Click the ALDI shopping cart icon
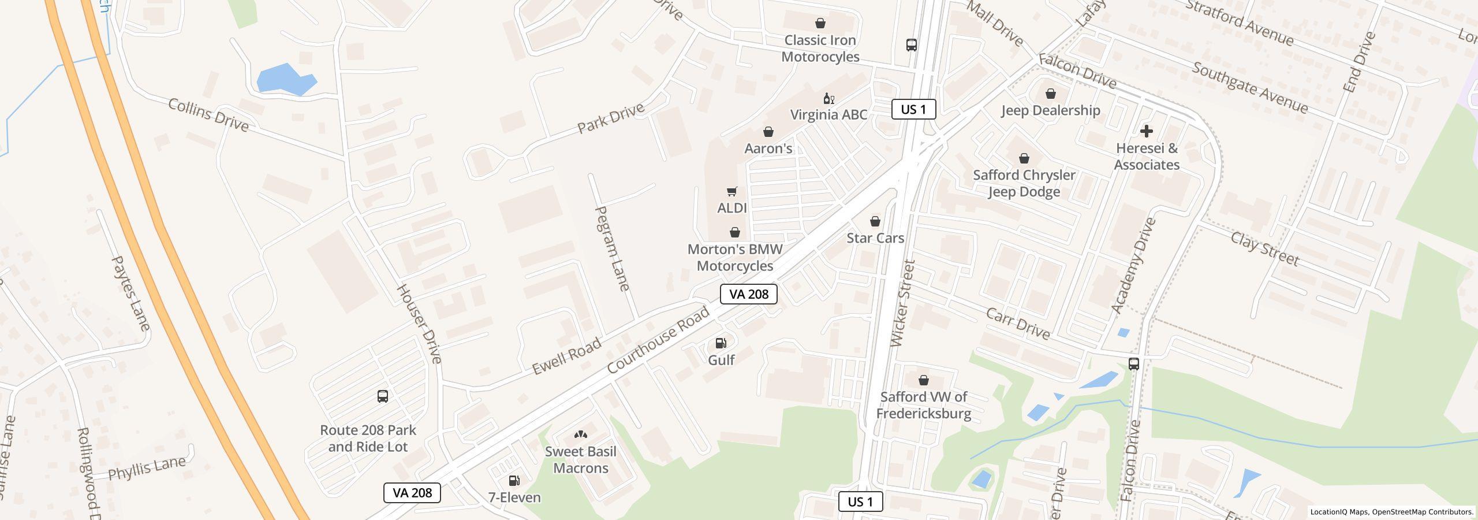731,191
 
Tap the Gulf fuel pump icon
721,344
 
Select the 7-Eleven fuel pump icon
514,481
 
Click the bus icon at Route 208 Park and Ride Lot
382,396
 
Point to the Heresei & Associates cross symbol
1146,131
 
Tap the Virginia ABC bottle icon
828,99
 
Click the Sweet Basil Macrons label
580,460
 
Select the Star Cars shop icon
875,221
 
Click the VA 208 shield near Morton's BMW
748,294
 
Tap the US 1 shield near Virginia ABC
913,109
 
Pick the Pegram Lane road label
611,248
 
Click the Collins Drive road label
208,114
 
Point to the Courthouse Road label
658,340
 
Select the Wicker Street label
903,304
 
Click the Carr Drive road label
1017,324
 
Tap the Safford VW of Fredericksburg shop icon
923,380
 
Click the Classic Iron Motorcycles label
820,49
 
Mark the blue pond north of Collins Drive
284,80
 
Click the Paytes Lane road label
130,294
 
